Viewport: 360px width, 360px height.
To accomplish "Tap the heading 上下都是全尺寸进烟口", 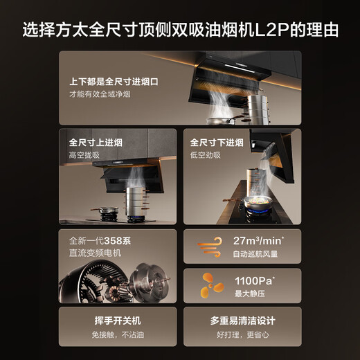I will (114, 81).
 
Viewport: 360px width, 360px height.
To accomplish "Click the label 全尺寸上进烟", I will (96, 143).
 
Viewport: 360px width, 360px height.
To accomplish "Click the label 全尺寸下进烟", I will (217, 143).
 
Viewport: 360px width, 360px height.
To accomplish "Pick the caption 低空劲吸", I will (206, 155).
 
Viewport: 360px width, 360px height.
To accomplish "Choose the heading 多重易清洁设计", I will (242, 321).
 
